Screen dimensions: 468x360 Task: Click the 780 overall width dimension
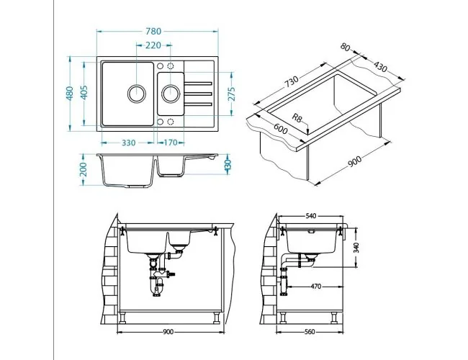(x=153, y=32)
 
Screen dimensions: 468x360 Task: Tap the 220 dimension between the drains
(x=153, y=45)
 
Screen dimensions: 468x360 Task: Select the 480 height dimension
(x=70, y=94)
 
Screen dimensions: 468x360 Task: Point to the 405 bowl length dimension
(x=84, y=93)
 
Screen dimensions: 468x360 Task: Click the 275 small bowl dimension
(x=232, y=94)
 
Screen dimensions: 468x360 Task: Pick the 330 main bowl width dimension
(x=129, y=143)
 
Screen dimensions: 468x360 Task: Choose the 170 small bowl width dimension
(x=171, y=143)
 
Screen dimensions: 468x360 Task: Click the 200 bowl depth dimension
(x=84, y=169)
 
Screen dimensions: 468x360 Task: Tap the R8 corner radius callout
(x=297, y=118)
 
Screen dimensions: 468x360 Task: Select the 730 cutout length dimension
(x=291, y=81)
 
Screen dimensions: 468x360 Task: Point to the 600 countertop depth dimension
(x=281, y=130)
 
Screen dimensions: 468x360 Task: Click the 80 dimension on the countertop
(x=345, y=48)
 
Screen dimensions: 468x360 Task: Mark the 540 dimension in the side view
(x=311, y=216)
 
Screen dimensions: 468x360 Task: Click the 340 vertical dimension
(x=356, y=248)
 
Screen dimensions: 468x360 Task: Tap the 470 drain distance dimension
(x=316, y=287)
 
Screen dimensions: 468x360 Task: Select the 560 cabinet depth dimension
(x=310, y=332)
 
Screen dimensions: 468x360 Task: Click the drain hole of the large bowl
(x=136, y=94)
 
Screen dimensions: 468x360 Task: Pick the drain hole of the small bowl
(x=171, y=94)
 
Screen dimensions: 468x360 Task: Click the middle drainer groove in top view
(x=198, y=94)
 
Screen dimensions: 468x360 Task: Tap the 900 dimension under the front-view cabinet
(x=168, y=332)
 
